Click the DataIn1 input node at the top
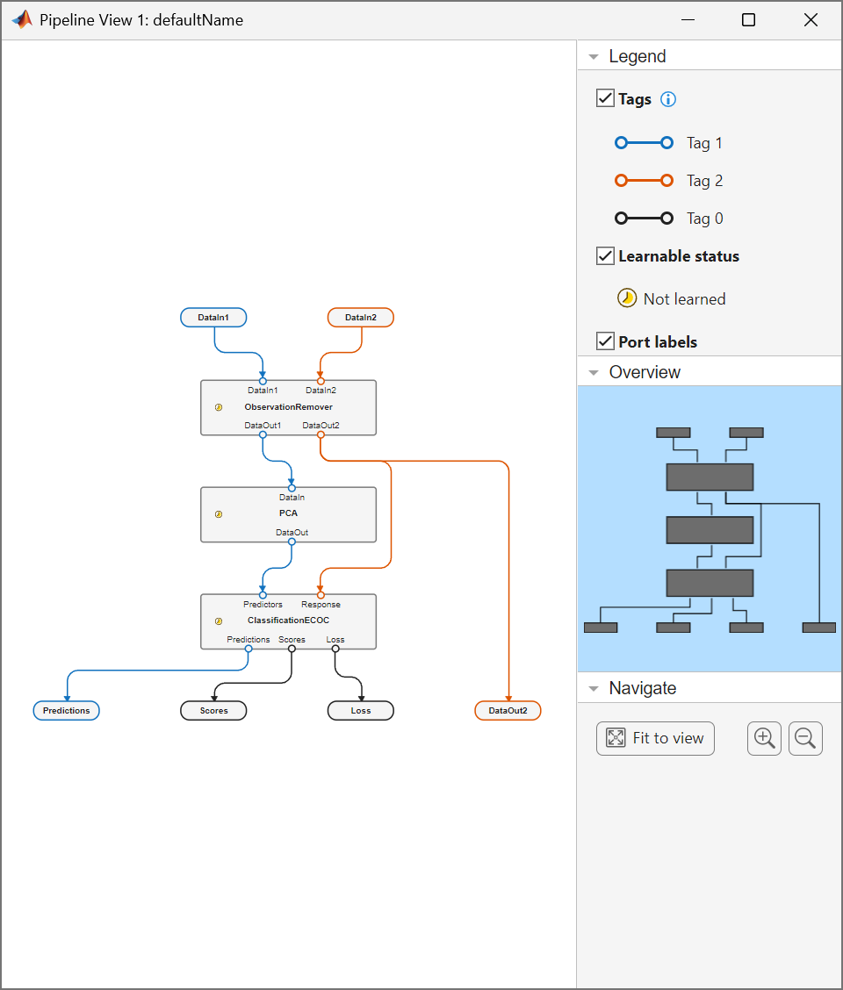tap(213, 317)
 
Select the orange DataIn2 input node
tap(360, 317)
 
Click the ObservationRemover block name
tap(288, 407)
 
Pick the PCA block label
tap(288, 513)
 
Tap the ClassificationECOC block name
tap(288, 621)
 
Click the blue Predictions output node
tap(67, 710)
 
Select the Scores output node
tap(213, 710)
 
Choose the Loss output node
tap(360, 710)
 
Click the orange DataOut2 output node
tap(508, 710)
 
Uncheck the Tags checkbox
tap(605, 98)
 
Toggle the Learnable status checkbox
tap(605, 256)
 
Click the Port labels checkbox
tap(605, 341)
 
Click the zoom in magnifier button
tap(764, 738)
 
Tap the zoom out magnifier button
tap(805, 738)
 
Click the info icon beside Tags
tap(668, 99)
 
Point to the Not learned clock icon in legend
tap(627, 298)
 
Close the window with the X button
tap(811, 20)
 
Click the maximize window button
tap(748, 20)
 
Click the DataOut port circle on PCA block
tap(292, 542)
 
